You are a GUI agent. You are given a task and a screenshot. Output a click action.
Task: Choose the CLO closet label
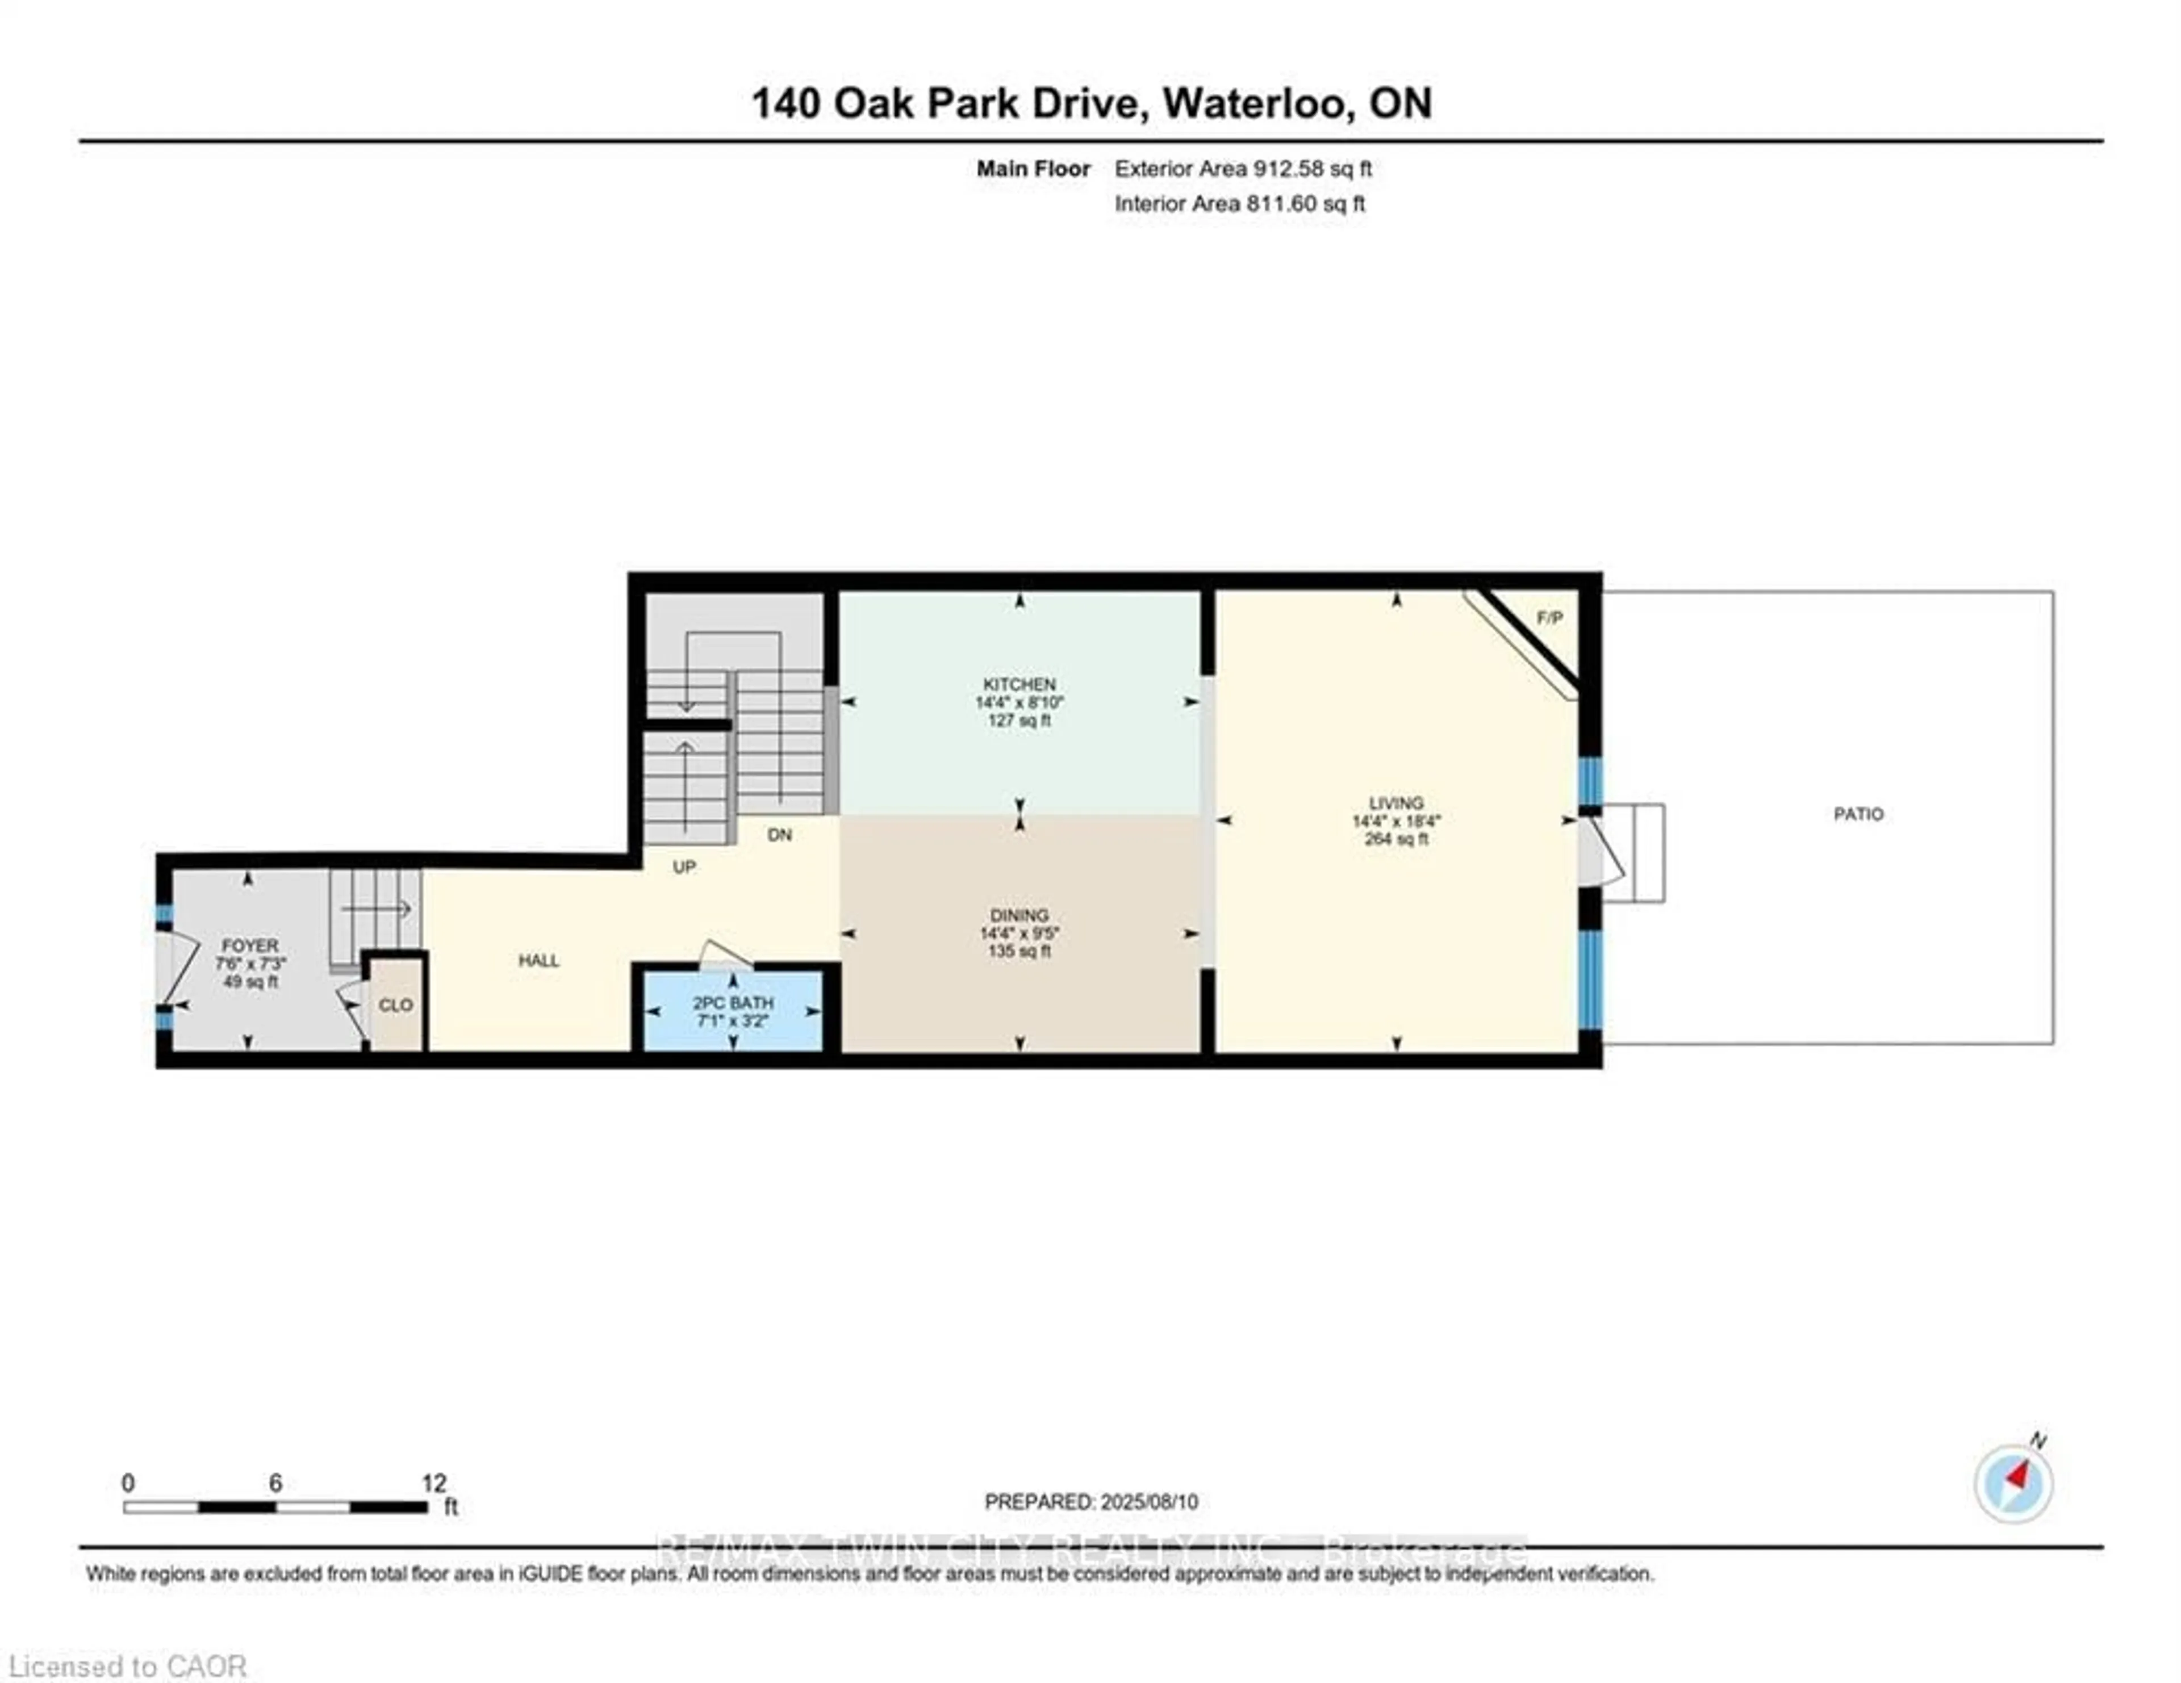[x=395, y=1005]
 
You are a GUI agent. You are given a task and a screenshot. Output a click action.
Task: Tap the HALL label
[x=538, y=960]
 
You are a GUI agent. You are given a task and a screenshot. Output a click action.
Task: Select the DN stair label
[x=780, y=835]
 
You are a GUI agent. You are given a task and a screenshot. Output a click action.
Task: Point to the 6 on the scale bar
[x=275, y=1483]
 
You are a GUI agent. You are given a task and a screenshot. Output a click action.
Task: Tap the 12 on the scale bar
[x=433, y=1483]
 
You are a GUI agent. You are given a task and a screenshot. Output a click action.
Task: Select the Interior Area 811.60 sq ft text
[x=1239, y=204]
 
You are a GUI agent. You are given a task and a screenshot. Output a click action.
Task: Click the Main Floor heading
[x=1033, y=169]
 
